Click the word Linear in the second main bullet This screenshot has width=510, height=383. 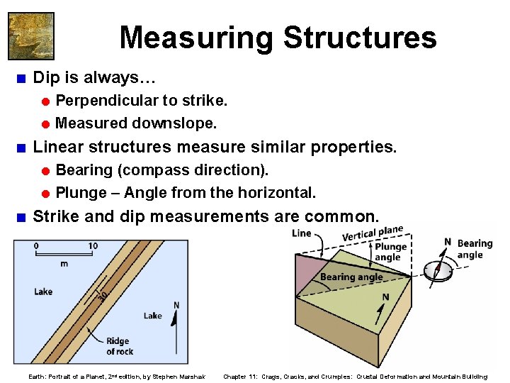[x=58, y=147]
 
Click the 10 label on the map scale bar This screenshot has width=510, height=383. [x=93, y=246]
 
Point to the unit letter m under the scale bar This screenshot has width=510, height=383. [x=64, y=263]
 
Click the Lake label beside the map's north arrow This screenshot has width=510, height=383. [x=152, y=316]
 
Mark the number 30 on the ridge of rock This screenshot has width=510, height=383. [x=103, y=296]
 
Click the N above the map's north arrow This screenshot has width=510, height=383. [x=176, y=306]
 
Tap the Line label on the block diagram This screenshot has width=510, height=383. [x=301, y=233]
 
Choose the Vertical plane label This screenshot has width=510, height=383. [x=373, y=233]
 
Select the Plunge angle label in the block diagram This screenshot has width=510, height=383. [x=390, y=252]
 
